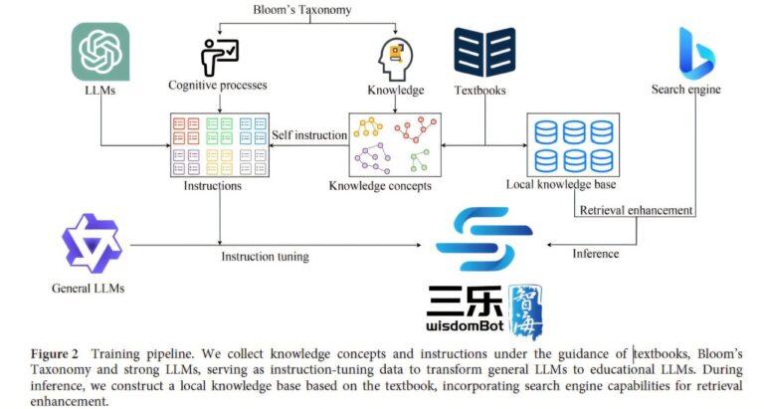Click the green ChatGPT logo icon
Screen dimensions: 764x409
100,51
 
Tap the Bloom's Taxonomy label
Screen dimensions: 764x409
302,10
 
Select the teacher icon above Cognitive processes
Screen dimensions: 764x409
219,58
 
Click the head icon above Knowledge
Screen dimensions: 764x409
395,60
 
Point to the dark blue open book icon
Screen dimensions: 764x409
484,52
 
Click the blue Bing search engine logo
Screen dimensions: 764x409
696,53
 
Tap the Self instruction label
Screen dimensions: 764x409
309,135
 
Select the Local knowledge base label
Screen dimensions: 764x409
561,184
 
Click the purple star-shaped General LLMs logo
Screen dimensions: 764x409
92,243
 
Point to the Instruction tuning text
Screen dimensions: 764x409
265,257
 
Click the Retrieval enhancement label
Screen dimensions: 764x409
636,210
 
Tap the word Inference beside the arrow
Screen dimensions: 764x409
596,254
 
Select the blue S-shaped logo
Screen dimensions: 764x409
484,239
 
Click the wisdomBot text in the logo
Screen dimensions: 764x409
465,325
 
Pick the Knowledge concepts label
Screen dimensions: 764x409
380,186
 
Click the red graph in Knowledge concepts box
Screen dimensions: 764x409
416,128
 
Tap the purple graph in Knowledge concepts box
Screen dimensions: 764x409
373,158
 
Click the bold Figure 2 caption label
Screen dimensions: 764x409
54,353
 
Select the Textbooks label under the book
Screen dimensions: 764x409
479,91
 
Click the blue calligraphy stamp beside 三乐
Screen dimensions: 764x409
525,310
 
